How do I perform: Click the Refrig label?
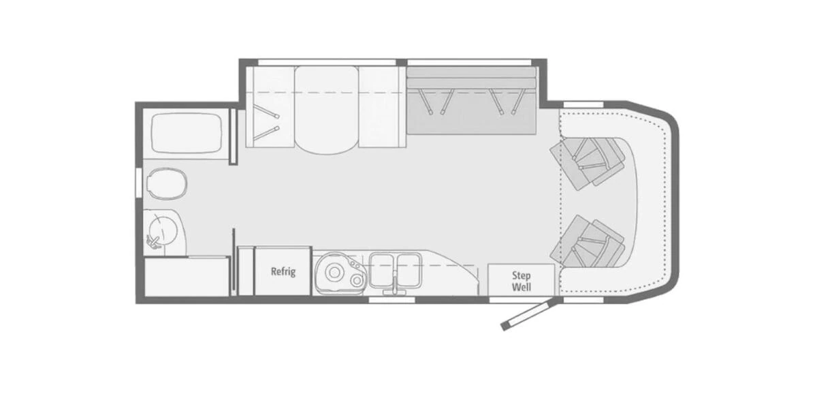pos(283,271)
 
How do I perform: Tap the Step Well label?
pos(522,280)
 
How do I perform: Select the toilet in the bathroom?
pos(167,182)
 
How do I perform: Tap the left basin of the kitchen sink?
pos(383,270)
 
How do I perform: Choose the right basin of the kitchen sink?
pos(408,270)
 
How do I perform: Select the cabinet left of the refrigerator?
pos(246,271)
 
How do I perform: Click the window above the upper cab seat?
pos(584,104)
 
